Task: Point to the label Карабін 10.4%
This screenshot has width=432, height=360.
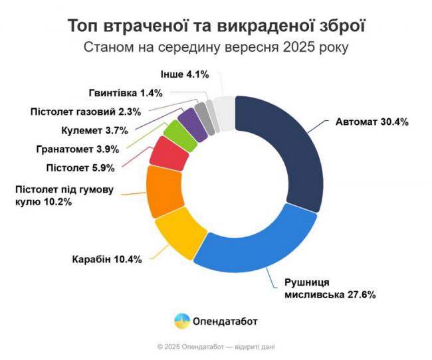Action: point(106,259)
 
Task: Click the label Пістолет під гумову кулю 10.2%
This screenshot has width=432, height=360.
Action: point(64,195)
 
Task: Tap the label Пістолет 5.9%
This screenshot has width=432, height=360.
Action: point(76,167)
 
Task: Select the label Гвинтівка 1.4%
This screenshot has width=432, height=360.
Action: point(126,93)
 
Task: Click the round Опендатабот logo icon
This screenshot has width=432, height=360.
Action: point(181,321)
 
